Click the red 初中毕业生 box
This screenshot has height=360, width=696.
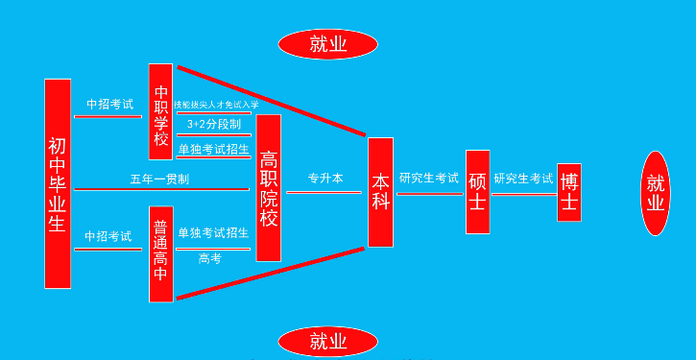(58, 183)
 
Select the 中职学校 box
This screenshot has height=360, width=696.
(160, 111)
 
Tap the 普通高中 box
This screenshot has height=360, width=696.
(160, 253)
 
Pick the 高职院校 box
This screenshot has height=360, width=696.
(269, 188)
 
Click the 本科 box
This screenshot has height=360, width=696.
(380, 192)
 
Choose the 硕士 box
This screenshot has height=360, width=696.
(477, 192)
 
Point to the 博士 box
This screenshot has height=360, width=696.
(569, 192)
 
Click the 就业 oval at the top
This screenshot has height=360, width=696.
(328, 44)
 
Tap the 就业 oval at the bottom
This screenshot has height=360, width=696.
(328, 341)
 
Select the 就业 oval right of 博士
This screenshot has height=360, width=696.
(656, 193)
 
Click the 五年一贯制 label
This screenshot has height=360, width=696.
(159, 180)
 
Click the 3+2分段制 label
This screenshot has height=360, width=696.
(213, 125)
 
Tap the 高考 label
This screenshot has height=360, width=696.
(209, 258)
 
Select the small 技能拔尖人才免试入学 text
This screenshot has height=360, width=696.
(216, 104)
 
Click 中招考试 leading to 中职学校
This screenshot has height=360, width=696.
(109, 104)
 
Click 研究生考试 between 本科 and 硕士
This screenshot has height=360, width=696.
(429, 178)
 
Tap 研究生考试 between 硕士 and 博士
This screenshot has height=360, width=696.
(523, 179)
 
